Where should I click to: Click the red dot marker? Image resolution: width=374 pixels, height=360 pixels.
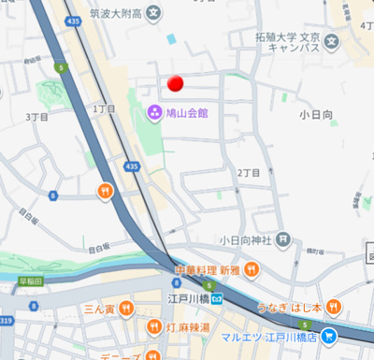pos(173,84)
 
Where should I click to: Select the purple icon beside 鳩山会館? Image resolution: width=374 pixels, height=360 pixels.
pos(153,113)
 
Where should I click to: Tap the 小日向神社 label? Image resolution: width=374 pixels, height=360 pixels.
pos(247,239)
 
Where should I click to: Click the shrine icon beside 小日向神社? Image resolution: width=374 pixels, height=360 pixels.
pos(280,239)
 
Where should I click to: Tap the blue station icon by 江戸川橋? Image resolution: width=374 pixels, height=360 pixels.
pos(216,299)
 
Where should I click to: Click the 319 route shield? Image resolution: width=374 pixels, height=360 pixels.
pos(7,321)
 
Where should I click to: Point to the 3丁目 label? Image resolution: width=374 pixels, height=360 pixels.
pos(37,117)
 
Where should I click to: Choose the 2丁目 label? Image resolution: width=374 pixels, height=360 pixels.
pos(248,173)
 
